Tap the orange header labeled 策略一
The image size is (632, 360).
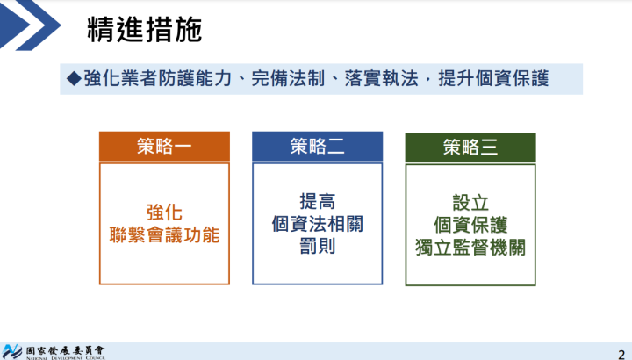coord(164,147)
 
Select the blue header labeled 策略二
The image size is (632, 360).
coord(317,147)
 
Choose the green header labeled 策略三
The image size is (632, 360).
coord(470,147)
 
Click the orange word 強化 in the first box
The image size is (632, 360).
coord(164,212)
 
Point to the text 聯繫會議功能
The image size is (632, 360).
coord(164,235)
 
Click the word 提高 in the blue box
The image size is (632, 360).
coord(317,201)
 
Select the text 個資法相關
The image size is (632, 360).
coord(317,224)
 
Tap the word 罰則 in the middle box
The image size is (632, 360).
coord(317,246)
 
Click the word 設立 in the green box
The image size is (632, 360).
coord(470,201)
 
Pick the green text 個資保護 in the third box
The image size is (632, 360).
coord(470,224)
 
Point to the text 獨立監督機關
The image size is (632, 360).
coord(470,247)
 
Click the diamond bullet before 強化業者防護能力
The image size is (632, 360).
coord(74,78)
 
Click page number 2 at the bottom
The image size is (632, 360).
coord(621,349)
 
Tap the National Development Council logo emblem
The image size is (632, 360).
coord(12,349)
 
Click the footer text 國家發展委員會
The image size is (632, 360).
coord(66,348)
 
